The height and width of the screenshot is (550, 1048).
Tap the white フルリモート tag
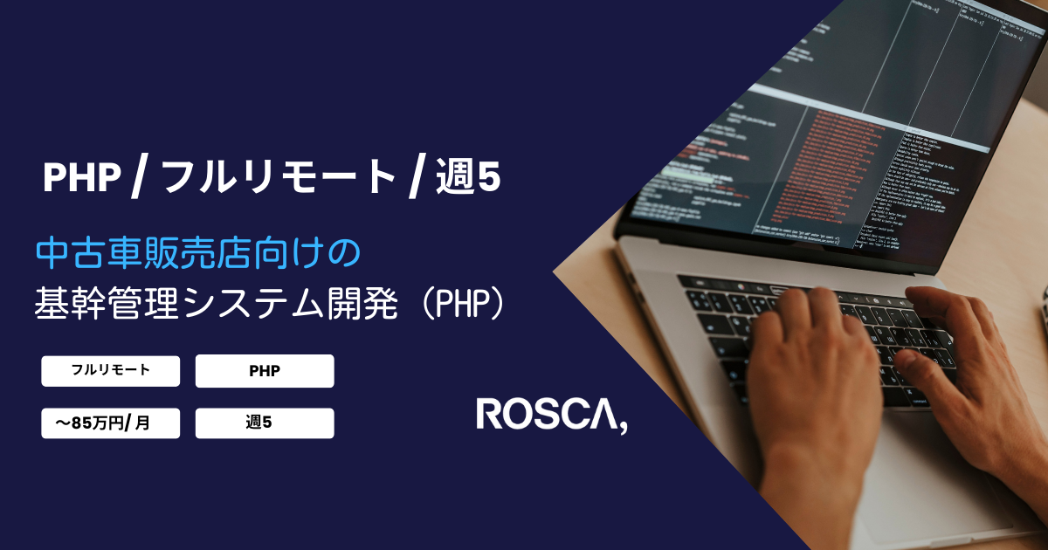point(111,370)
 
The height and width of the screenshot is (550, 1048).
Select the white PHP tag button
point(265,370)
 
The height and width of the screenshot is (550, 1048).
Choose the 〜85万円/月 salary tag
point(111,423)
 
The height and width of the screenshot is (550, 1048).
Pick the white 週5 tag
point(265,423)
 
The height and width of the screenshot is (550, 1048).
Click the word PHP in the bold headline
point(82,178)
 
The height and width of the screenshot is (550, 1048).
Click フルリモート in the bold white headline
point(279,178)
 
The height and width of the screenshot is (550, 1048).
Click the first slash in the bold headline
point(139,178)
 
